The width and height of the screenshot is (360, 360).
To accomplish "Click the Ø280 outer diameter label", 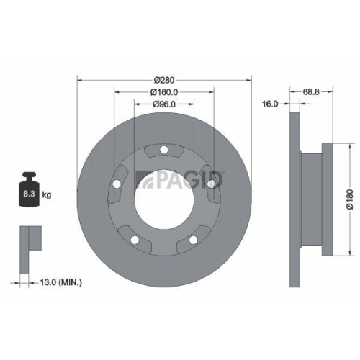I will [x=164, y=78].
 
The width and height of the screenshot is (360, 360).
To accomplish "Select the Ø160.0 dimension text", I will [x=164, y=91].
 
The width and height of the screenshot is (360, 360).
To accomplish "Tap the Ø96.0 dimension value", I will [x=164, y=104].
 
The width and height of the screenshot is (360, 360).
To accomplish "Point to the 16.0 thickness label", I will [x=270, y=104].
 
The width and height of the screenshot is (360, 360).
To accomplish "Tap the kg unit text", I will [x=48, y=194].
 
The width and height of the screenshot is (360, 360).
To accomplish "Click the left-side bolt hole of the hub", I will [x=116, y=185].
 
